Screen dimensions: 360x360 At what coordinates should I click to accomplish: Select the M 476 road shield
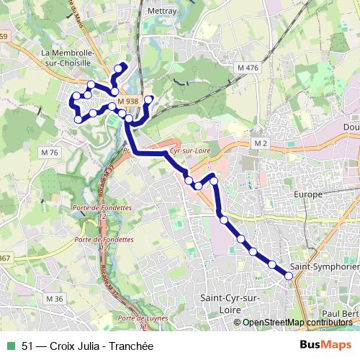247,68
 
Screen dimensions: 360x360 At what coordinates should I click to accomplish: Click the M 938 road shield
126,101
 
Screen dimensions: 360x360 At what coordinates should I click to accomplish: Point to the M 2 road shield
261,144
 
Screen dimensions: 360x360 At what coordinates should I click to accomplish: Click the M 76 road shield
50,153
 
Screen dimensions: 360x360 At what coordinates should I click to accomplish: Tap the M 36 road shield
54,299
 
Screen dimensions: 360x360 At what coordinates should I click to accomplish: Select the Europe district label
310,195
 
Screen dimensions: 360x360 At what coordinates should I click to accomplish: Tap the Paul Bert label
340,314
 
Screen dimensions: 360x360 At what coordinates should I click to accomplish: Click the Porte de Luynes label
136,318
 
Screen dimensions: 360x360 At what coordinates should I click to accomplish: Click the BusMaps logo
326,344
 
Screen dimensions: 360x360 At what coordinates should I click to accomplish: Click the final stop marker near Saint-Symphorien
289,276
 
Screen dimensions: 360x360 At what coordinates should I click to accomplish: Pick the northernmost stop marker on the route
119,68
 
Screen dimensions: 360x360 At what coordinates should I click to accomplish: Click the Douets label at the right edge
352,127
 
